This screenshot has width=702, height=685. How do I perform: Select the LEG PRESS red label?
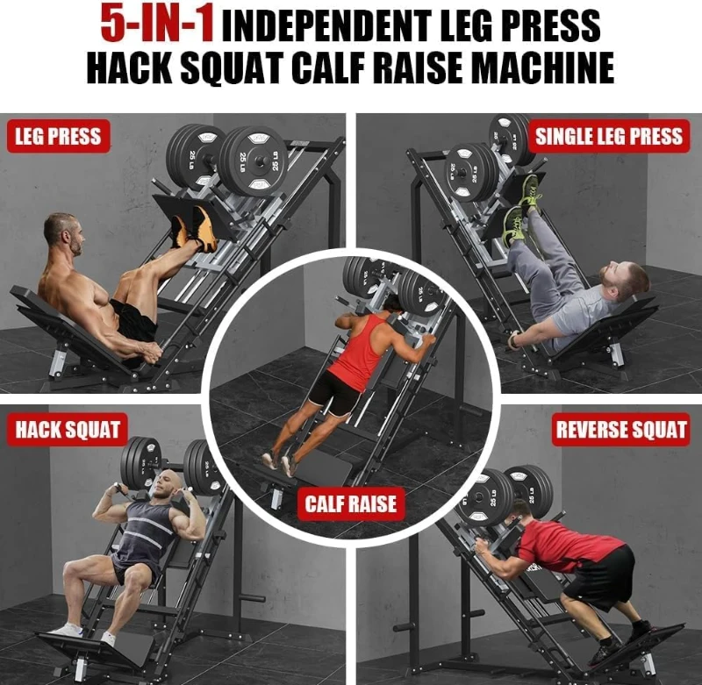tap(58, 136)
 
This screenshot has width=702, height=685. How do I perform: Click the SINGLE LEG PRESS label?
tap(608, 136)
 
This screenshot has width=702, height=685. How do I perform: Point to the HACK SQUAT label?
tap(67, 431)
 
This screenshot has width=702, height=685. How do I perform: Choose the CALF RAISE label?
tap(350, 503)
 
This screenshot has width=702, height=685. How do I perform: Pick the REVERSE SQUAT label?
tap(620, 431)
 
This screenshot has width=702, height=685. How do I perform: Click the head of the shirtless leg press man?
tap(61, 232)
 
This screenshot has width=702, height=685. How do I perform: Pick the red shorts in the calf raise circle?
tap(334, 392)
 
